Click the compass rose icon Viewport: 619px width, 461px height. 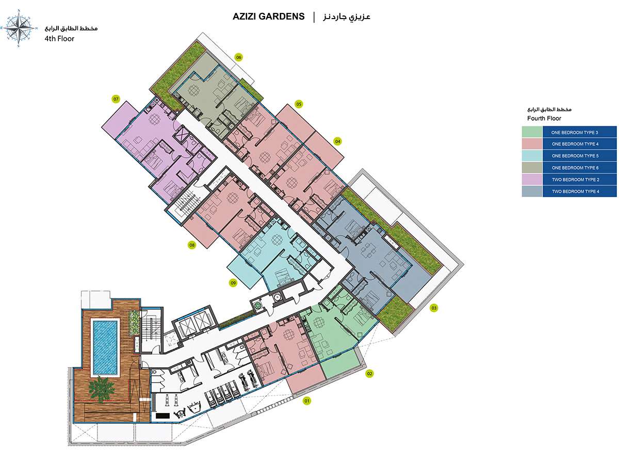pos(19,28)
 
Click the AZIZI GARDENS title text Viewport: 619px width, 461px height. pos(268,17)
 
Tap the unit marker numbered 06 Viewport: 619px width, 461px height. pos(239,57)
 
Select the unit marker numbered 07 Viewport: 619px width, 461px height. pos(116,99)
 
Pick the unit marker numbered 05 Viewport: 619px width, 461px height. pos(299,104)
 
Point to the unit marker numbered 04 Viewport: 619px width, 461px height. pos(338,141)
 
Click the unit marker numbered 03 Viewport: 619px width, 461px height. pos(434,308)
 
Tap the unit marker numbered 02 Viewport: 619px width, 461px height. pos(369,374)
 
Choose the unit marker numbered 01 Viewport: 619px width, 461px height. pos(307,401)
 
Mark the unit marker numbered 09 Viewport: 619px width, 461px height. pos(233,283)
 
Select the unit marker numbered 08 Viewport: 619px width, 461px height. pos(192,245)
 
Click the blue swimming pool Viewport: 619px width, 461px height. pos(105,347)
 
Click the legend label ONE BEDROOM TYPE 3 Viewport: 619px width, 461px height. pos(574,133)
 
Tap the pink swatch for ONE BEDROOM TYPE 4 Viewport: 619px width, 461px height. pos(532,144)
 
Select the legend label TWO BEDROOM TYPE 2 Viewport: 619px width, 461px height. pos(576,180)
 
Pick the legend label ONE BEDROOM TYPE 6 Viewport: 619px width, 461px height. pos(575,168)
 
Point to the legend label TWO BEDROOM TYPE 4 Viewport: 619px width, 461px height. pos(576,191)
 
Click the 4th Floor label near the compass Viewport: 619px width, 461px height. pos(59,39)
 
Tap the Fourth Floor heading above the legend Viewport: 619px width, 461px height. pos(544,118)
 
